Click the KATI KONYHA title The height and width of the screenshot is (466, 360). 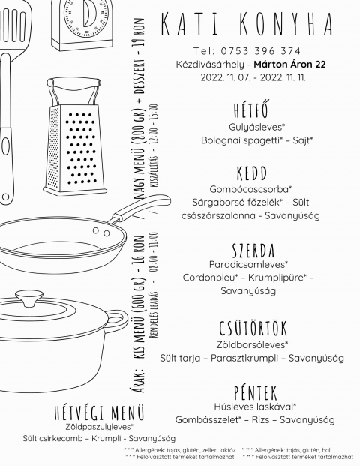point(247,24)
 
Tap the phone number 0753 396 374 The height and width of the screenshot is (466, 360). point(260,51)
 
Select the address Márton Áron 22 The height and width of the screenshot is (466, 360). point(289,65)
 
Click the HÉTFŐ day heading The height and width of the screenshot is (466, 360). point(251,110)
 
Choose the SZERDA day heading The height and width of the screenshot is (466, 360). point(253,250)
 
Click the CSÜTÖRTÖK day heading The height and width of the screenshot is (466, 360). point(253,327)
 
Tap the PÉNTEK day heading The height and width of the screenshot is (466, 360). point(256,393)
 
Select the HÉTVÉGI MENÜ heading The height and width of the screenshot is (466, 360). point(99,413)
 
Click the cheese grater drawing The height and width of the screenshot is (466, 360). point(75,136)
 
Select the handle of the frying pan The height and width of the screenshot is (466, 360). point(139,209)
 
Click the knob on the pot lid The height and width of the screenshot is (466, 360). point(29,298)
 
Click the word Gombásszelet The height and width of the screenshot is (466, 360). point(207,420)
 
